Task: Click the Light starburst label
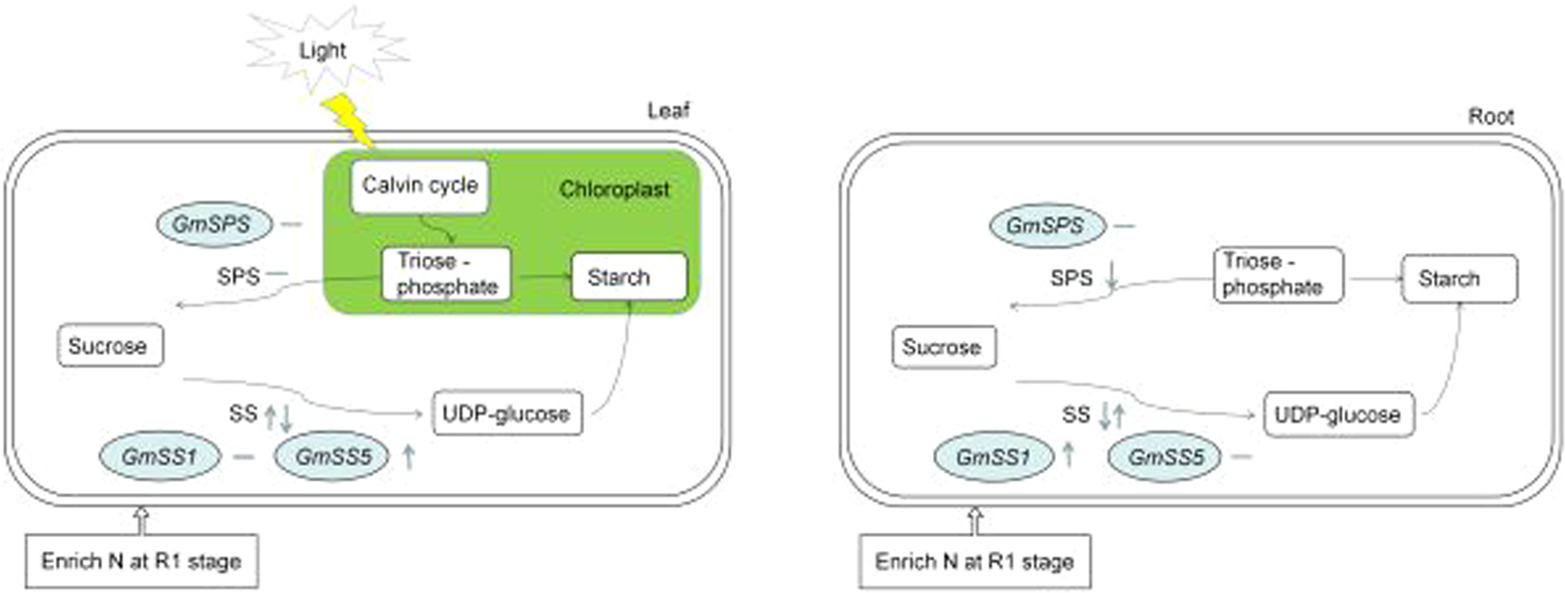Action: coord(323,49)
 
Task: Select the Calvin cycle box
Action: coord(420,186)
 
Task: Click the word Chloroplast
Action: coord(614,189)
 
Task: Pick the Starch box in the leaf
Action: coord(628,277)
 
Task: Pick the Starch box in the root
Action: coord(1459,279)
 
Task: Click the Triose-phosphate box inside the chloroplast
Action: coord(446,274)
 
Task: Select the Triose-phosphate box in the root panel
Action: coord(1279,275)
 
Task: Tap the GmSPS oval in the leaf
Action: coord(214,225)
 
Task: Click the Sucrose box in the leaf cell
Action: coord(109,346)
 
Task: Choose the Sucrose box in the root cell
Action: coord(944,347)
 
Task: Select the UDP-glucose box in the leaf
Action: coord(507,414)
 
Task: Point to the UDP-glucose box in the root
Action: coord(1339,415)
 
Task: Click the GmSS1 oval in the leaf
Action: coord(160,457)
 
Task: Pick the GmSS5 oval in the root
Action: coord(1166,458)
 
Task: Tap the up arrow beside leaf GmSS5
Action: coord(409,457)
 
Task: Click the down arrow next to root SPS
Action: coord(1112,277)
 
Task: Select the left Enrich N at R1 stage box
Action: coord(141,562)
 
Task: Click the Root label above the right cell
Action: coord(1490,116)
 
